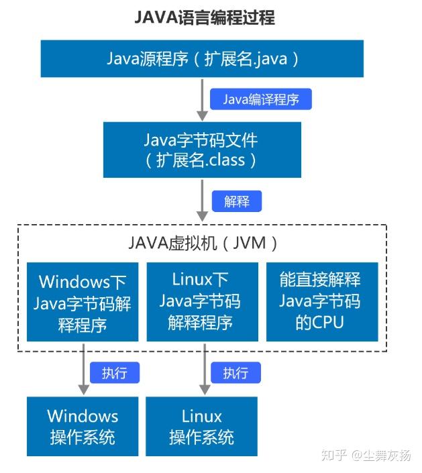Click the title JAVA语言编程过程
[205, 17]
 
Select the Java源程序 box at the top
[202, 58]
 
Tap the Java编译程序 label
[261, 99]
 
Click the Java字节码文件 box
[201, 150]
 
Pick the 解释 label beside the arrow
[236, 201]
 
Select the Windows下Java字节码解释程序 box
[83, 301]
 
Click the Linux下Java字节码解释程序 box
[201, 301]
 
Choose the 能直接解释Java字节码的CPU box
[321, 301]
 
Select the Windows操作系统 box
[83, 427]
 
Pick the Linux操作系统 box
[201, 427]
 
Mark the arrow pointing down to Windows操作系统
[83, 369]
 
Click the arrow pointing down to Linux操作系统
[202, 369]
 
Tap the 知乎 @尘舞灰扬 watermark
[368, 456]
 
